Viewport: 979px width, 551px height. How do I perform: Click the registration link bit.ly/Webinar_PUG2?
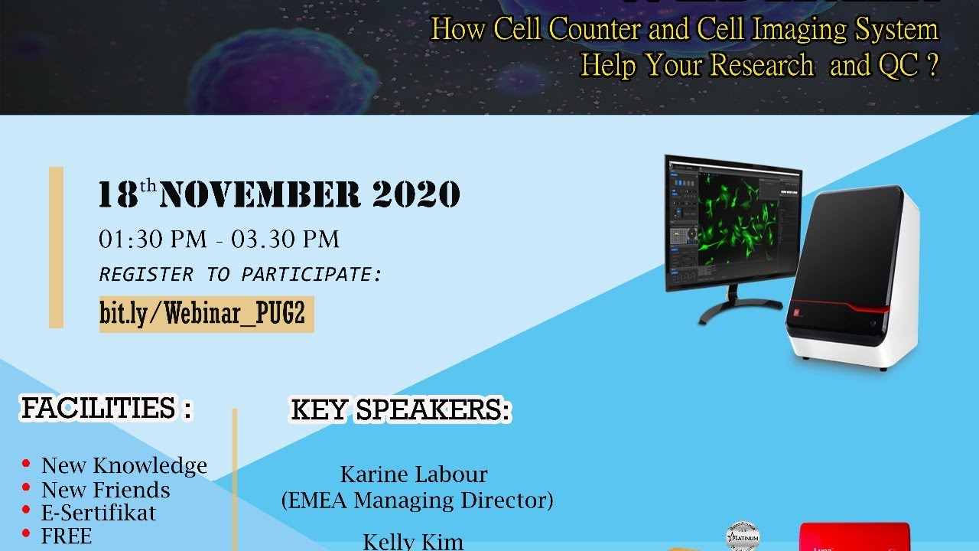[206, 314]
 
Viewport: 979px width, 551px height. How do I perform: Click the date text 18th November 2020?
[279, 195]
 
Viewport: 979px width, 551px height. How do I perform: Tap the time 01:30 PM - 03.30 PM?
[219, 240]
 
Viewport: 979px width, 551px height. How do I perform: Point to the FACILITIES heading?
[106, 409]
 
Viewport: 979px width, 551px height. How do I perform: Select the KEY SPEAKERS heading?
[400, 410]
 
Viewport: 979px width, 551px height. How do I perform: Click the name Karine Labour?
[414, 474]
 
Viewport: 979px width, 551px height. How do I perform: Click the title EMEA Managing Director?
[417, 500]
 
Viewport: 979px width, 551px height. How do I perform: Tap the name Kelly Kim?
[413, 542]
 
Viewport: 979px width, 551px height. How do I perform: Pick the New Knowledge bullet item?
[124, 465]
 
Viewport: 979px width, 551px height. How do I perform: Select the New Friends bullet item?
[106, 490]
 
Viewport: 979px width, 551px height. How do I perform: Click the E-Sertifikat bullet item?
[99, 513]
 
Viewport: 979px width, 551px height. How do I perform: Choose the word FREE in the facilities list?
[67, 536]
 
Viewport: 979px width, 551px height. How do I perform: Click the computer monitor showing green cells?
[733, 222]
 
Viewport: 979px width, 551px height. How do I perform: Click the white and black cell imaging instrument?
[853, 275]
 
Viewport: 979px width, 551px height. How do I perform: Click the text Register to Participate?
[240, 274]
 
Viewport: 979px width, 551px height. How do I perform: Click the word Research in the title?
[761, 66]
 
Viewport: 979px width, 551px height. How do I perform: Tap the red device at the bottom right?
[854, 537]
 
